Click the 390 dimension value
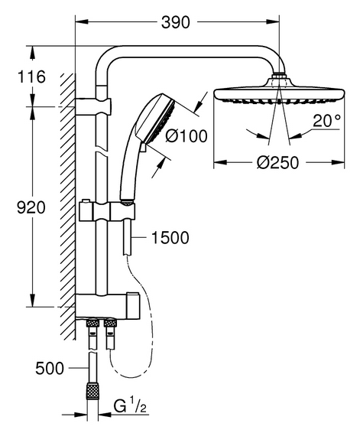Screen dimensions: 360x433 point(176,22)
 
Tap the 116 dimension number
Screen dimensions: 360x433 point(31,77)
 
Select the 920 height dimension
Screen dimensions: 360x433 point(31,207)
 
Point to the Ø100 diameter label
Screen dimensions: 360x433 point(186,136)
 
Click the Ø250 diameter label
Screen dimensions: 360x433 point(277,163)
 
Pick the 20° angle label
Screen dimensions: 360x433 point(327,121)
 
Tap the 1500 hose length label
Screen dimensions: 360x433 point(170,237)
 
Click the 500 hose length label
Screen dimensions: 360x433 point(50,368)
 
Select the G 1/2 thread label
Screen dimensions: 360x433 point(130,407)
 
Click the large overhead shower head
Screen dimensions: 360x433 point(279,93)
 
